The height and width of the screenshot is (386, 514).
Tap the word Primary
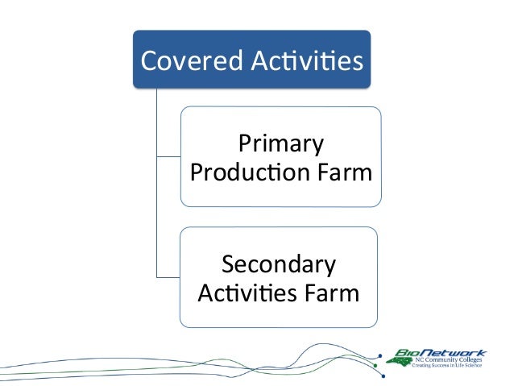[x=281, y=146]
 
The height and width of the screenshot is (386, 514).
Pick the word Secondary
[x=279, y=264]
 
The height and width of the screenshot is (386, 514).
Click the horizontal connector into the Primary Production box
[x=168, y=155]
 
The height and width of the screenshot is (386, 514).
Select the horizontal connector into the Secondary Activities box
[x=168, y=276]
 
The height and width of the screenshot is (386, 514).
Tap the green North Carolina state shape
[x=400, y=362]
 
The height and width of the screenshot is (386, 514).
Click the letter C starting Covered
[x=149, y=60]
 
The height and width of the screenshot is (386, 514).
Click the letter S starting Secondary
[x=228, y=264]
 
